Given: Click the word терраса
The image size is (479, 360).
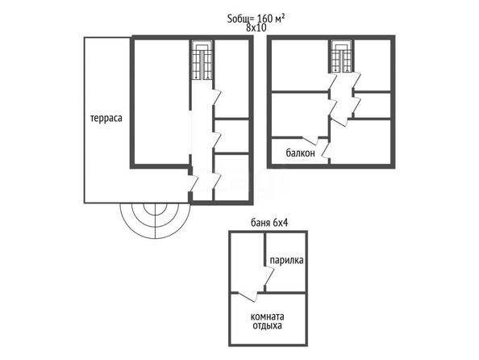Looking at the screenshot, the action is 106,119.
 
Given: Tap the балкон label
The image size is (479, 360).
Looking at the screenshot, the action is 300,153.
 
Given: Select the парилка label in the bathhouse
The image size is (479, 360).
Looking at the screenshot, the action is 286,260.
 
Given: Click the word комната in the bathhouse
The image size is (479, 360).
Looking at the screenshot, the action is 267,316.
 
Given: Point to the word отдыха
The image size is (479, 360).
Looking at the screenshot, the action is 267,326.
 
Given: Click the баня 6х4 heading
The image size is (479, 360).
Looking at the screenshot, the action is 269,223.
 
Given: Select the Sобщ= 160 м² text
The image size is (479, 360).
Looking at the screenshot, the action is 256,19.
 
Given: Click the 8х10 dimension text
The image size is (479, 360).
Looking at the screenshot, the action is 256,27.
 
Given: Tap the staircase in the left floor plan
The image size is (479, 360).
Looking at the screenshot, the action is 202,60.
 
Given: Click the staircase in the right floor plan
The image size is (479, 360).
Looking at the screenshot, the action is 342,57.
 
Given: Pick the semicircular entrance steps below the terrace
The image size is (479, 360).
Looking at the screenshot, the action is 155,220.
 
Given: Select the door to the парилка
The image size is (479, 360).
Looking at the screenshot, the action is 269,275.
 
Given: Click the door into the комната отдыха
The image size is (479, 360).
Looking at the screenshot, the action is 248,297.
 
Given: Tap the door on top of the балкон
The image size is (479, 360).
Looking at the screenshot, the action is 310,140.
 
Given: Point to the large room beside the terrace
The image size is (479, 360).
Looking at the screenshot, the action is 162,103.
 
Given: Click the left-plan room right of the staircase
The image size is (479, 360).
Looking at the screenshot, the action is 231,78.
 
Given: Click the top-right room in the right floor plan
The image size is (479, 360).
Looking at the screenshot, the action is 373,65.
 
